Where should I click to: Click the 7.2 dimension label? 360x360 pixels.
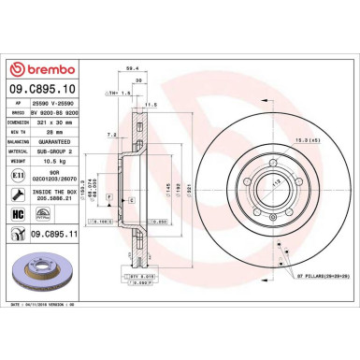pos(110,136)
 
